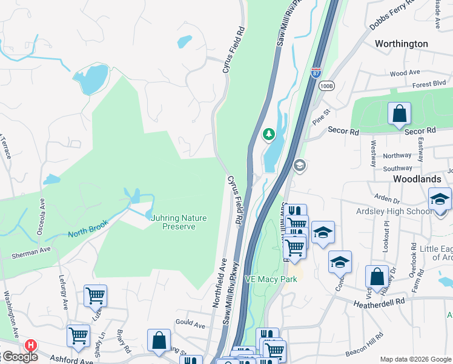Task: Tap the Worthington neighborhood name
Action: pyautogui.click(x=410, y=44)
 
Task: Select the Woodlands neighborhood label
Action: pyautogui.click(x=417, y=180)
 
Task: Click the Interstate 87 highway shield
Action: pyautogui.click(x=316, y=73)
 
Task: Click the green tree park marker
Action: pyautogui.click(x=268, y=134)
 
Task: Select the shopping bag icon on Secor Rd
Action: pyautogui.click(x=400, y=114)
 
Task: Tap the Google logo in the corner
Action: pyautogui.click(x=19, y=357)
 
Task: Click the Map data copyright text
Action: pyautogui.click(x=415, y=359)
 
